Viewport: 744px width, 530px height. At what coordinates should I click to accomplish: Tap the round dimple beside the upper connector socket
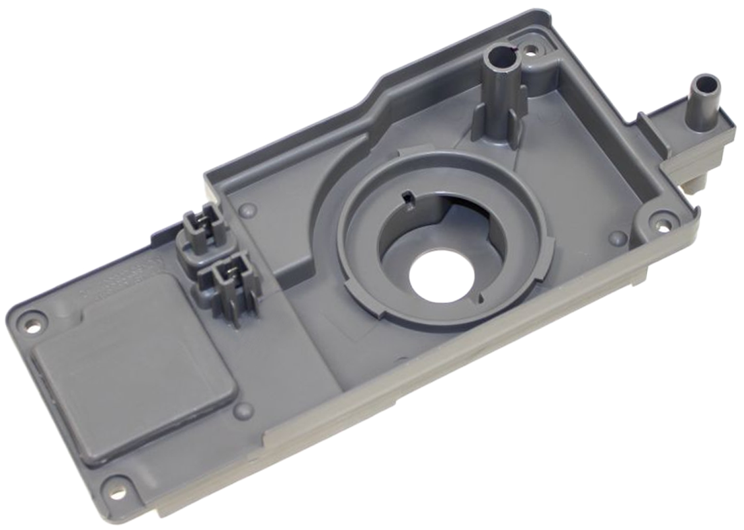pos(247,211)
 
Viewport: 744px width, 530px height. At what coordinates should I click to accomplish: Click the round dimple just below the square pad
pos(243,410)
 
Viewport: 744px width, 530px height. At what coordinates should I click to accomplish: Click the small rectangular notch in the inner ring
pos(407,195)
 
